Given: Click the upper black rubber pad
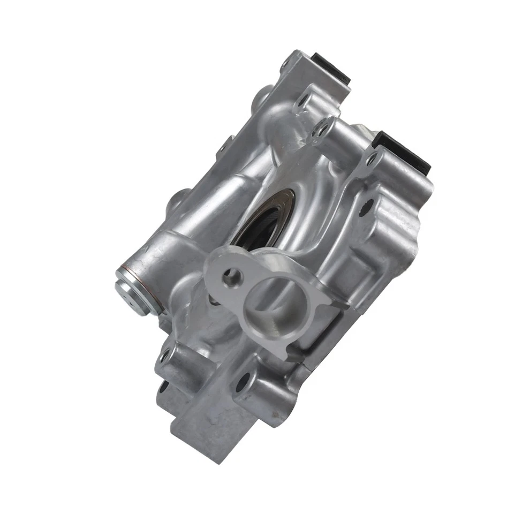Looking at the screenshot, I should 330,66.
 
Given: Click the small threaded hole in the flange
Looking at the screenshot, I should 232,277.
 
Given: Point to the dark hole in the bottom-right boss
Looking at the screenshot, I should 243,382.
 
